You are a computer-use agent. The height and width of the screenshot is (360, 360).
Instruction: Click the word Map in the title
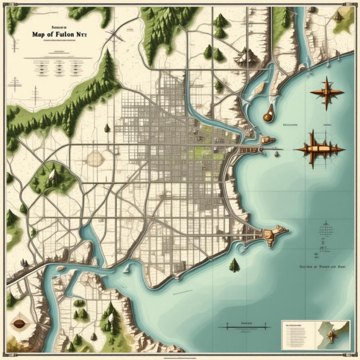(39, 33)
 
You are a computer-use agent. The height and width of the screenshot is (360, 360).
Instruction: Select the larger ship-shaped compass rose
(319, 148)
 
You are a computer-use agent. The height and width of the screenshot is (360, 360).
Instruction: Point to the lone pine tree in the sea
(234, 265)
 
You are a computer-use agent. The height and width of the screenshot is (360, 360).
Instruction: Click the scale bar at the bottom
(244, 327)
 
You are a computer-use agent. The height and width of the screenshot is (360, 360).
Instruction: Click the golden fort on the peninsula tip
(271, 236)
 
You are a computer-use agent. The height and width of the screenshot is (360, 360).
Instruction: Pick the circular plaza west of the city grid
(94, 158)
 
